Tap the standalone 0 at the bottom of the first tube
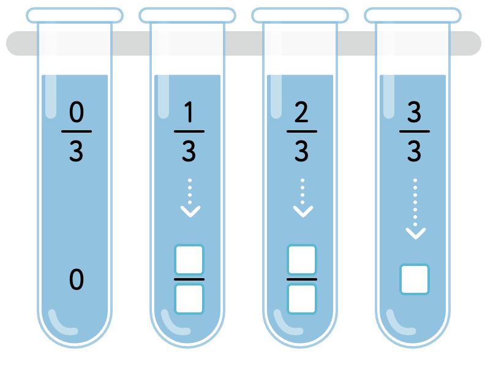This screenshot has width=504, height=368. (x=76, y=280)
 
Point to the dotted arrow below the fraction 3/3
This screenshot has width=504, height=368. (x=415, y=208)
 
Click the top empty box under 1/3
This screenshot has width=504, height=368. (x=189, y=260)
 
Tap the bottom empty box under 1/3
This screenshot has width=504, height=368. (x=189, y=299)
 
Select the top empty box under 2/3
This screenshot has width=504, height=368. (x=302, y=260)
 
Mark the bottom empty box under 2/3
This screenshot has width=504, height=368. (x=302, y=299)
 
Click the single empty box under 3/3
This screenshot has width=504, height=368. (x=415, y=279)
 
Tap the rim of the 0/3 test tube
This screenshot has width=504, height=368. (x=75, y=15)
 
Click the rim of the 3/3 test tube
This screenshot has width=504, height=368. (x=413, y=15)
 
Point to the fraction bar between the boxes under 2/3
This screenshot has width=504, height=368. (x=302, y=279)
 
